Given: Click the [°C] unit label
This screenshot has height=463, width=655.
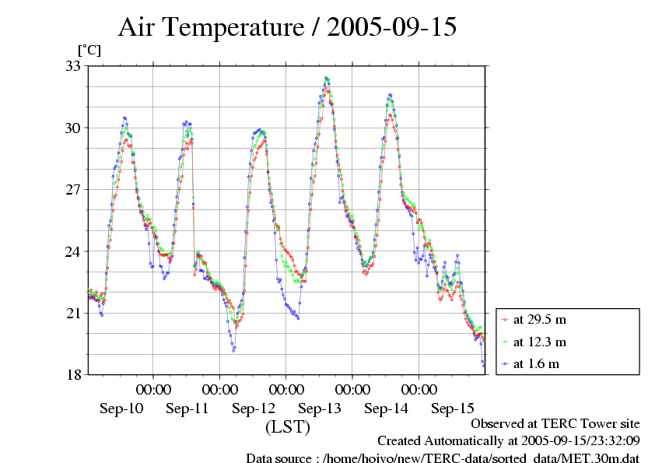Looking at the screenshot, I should coord(89,50).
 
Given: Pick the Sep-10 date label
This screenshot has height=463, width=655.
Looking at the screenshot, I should coord(121,409).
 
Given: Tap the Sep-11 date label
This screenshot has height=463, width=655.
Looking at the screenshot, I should coord(187,409).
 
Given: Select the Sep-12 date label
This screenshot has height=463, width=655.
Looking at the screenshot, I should coord(254,409).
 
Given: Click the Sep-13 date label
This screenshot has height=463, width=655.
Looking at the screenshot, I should coord(320,409).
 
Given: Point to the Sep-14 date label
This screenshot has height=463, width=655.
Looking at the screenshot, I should coord(386,409).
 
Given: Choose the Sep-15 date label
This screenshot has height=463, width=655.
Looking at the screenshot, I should coord(453,409).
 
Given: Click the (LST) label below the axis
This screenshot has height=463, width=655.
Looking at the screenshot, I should coord(288,427).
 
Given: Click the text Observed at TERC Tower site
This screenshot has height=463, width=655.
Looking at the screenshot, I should coord(555,424).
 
